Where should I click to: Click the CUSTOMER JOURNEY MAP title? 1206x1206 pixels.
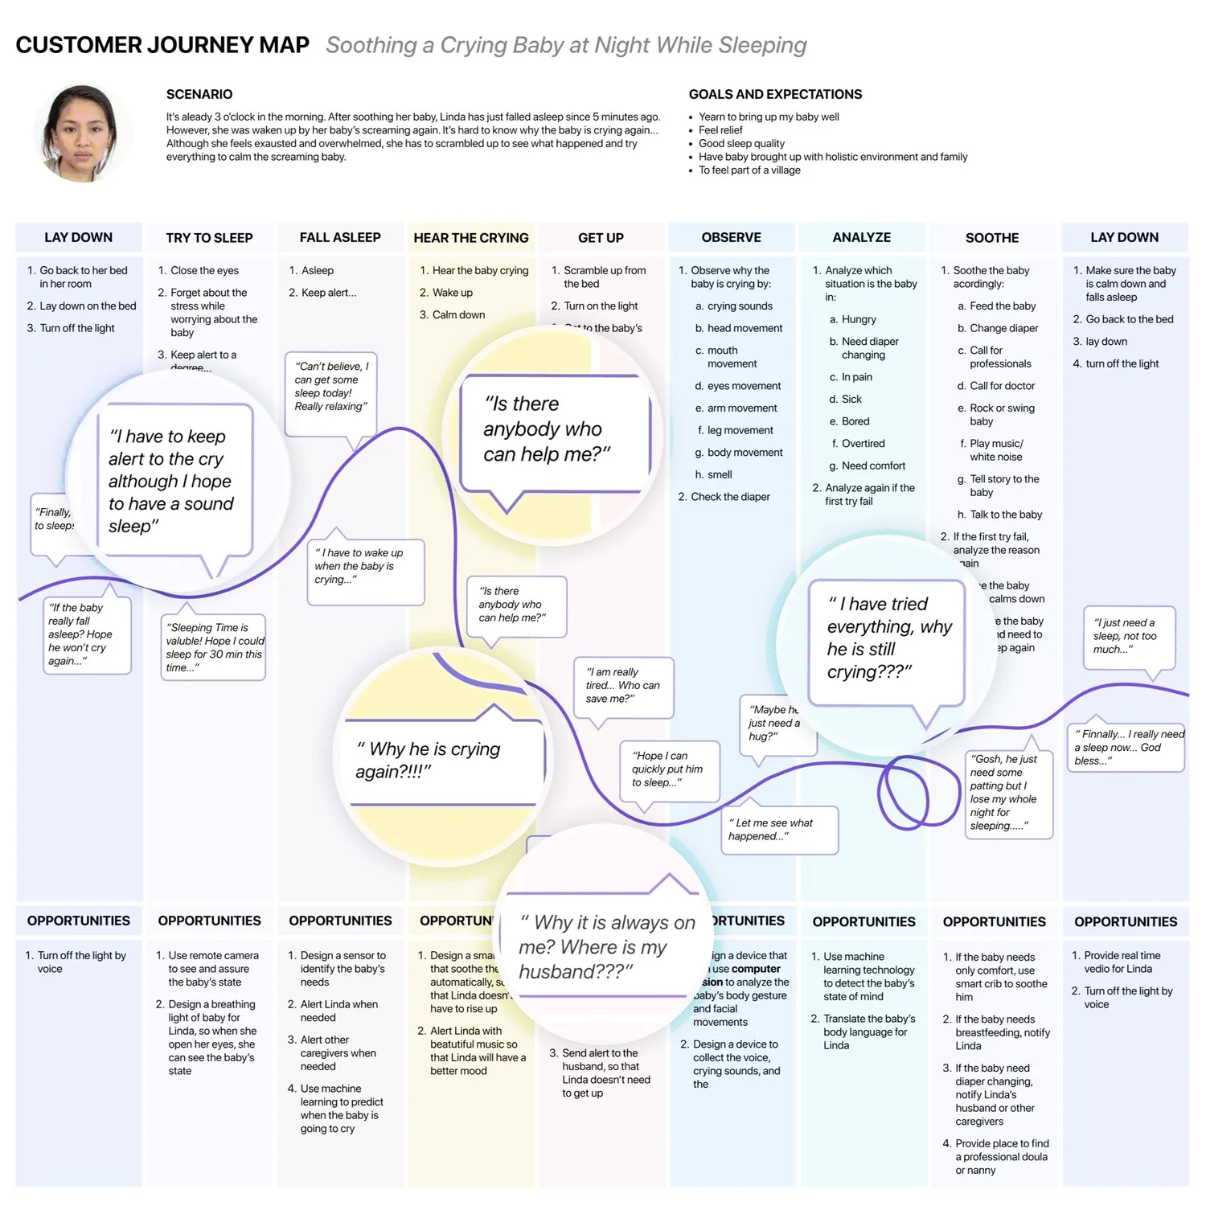(x=162, y=45)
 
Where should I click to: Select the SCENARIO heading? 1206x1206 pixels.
(x=199, y=94)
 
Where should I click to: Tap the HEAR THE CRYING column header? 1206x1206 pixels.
(x=471, y=238)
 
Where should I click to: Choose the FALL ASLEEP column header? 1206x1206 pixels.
(x=340, y=237)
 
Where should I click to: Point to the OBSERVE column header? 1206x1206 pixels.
(x=731, y=237)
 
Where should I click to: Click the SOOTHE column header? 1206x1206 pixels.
(x=992, y=238)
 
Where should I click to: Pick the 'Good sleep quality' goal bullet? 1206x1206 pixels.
(x=741, y=143)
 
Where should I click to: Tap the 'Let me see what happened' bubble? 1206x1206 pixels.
(x=778, y=830)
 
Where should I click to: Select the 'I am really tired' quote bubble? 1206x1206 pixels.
(x=623, y=685)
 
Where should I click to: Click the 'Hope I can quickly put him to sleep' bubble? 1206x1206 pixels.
(x=668, y=769)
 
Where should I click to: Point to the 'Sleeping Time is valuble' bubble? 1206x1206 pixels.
(x=214, y=647)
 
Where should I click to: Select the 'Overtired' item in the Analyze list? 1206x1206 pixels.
(x=863, y=444)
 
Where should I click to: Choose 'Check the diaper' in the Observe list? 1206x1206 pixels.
(x=730, y=497)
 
